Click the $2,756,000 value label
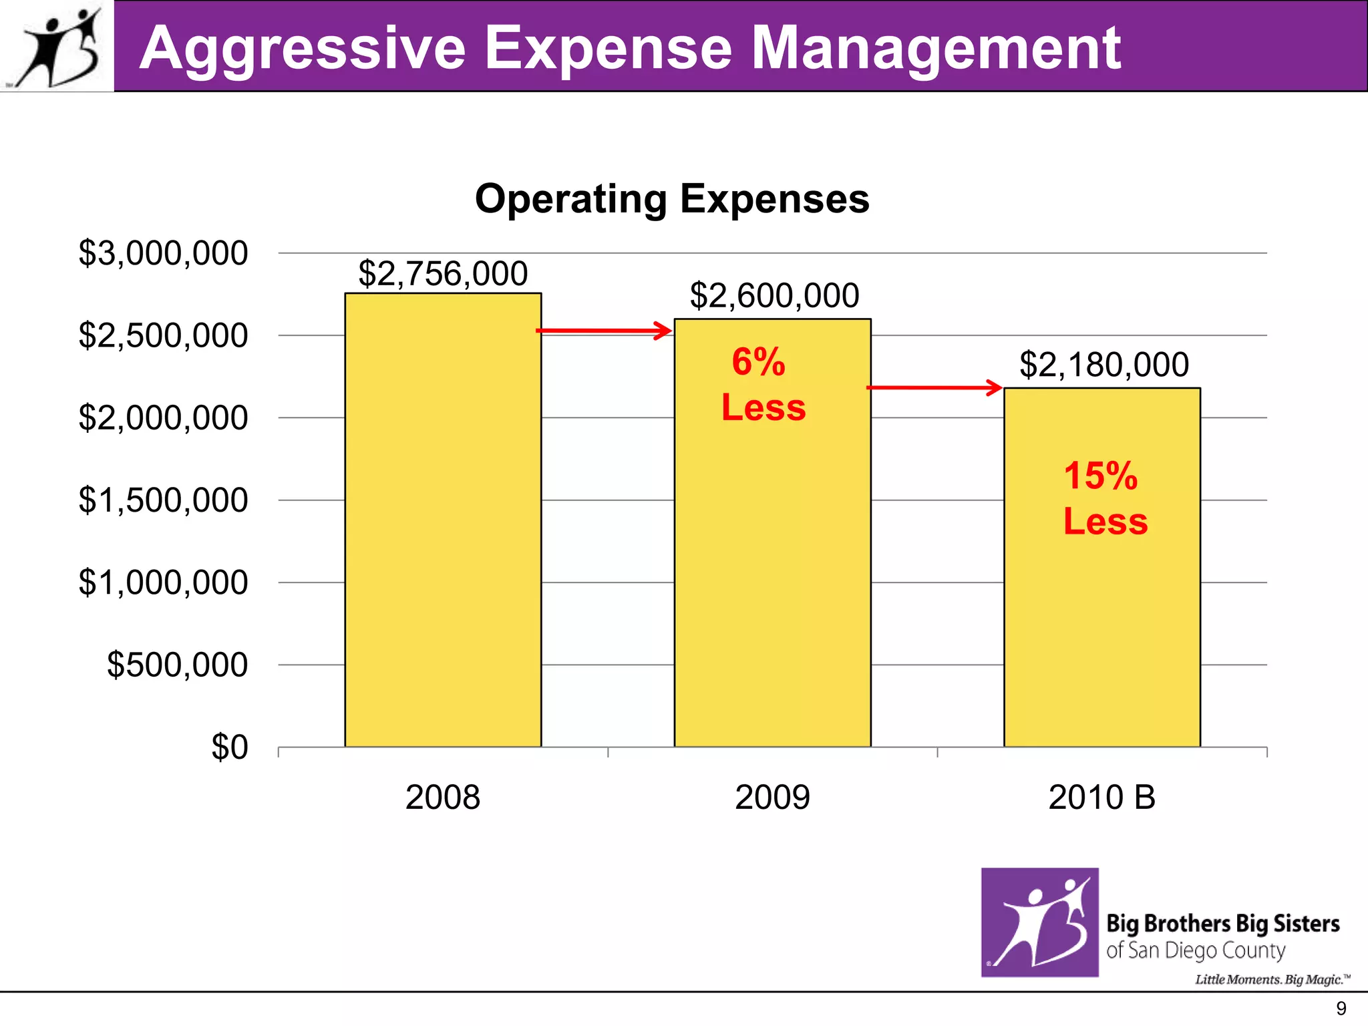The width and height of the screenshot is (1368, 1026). tap(443, 274)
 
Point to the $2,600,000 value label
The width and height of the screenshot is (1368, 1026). tap(774, 296)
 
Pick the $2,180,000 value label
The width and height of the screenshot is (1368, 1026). tap(1103, 365)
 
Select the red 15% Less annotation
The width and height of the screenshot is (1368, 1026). tap(1105, 498)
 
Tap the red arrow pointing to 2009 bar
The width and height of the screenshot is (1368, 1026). tap(604, 330)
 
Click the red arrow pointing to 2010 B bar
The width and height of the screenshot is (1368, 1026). tap(934, 387)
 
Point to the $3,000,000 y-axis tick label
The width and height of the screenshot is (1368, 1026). tap(163, 254)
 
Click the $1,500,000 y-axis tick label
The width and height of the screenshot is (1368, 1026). tap(163, 500)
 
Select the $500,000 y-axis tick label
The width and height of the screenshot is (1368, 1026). tap(177, 665)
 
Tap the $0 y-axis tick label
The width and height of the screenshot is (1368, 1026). tap(229, 747)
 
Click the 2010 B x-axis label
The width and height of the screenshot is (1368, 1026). tap(1101, 798)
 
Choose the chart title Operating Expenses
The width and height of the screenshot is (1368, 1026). tap(671, 199)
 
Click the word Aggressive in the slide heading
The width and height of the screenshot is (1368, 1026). tap(303, 48)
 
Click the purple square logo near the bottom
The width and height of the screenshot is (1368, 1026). tap(1039, 922)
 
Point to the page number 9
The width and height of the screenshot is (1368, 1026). tap(1341, 1009)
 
